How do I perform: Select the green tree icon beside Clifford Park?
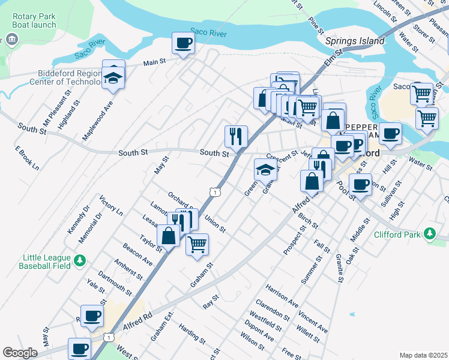pyautogui.click(x=429, y=234)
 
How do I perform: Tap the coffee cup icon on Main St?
pyautogui.click(x=184, y=43)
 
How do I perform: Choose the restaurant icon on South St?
pyautogui.click(x=236, y=136)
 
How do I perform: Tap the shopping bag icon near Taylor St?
pyautogui.click(x=169, y=235)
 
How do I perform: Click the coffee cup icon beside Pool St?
pyautogui.click(x=360, y=187)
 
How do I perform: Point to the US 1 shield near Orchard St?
pyautogui.click(x=214, y=191)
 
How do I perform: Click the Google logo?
pyautogui.click(x=20, y=353)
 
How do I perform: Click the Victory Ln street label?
pyautogui.click(x=111, y=206)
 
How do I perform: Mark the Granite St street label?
pyautogui.click(x=340, y=268)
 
